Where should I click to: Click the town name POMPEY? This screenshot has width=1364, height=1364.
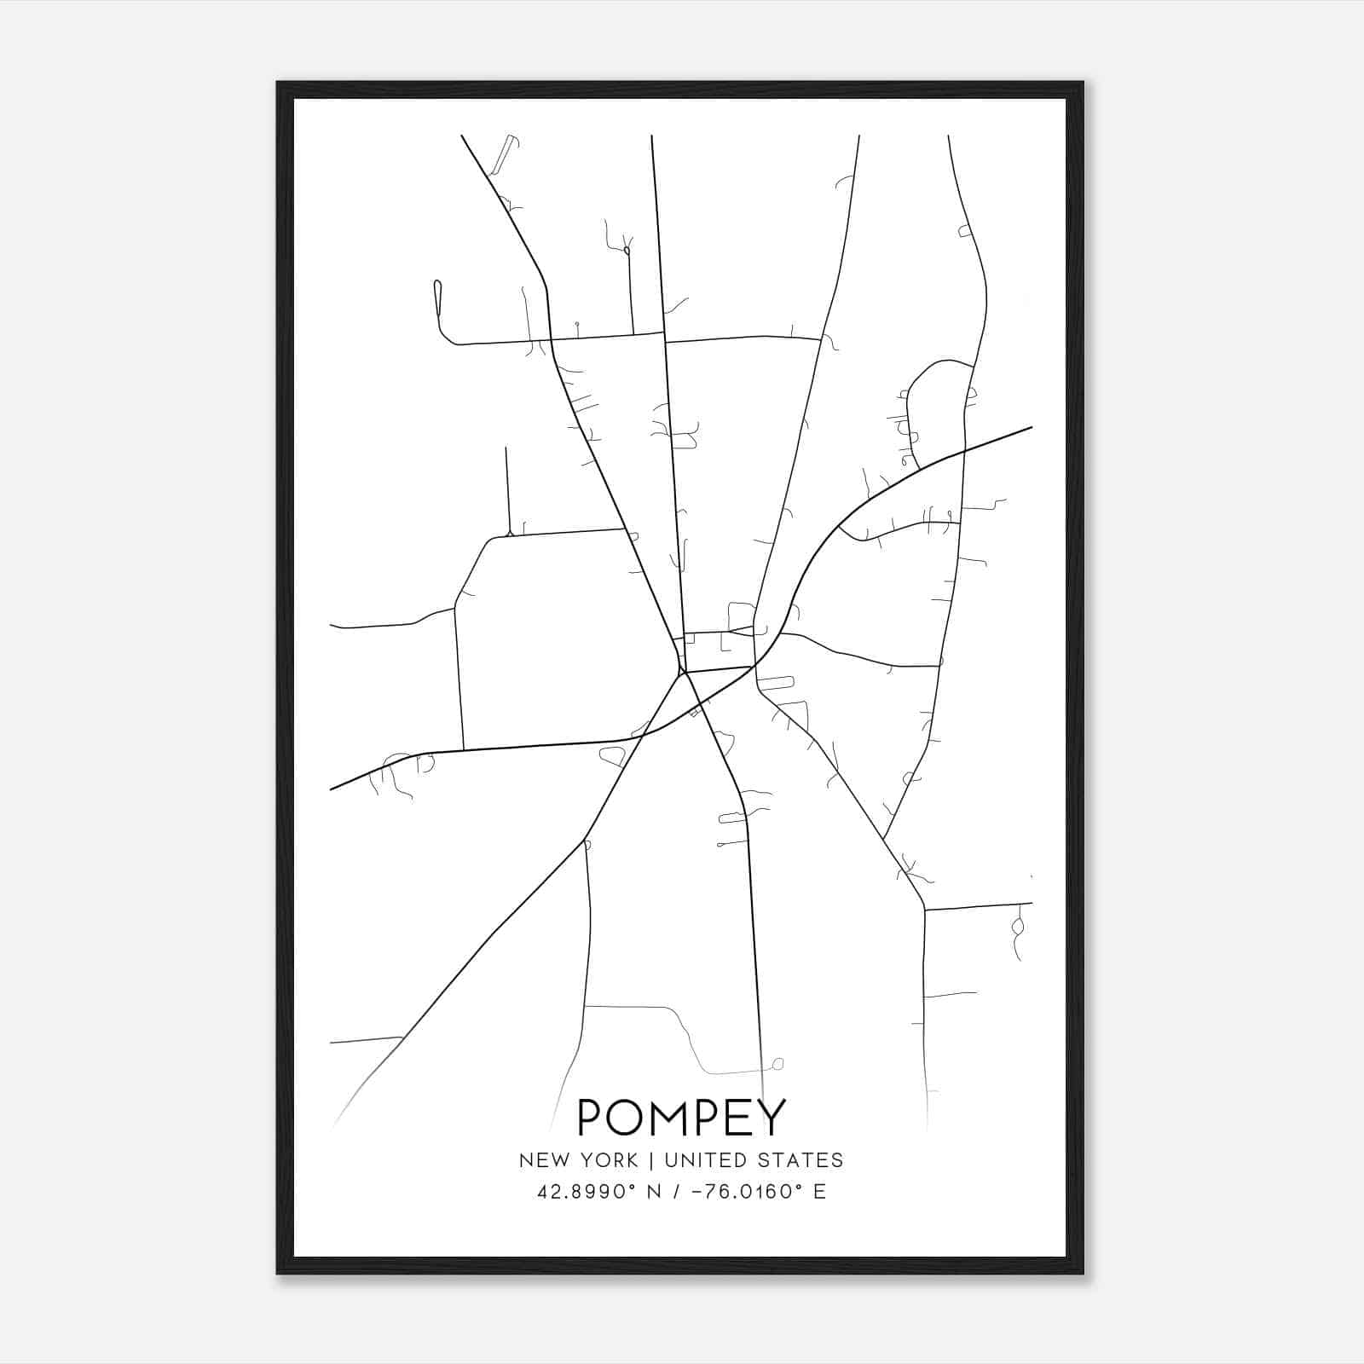[x=681, y=1118]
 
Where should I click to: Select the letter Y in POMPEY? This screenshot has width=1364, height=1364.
[x=770, y=1118]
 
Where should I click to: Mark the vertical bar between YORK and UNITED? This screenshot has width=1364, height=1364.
[x=650, y=1160]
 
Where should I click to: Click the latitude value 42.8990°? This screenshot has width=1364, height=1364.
[x=587, y=1192]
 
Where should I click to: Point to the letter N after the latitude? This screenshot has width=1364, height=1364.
[x=655, y=1192]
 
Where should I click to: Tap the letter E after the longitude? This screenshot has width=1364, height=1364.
[x=819, y=1192]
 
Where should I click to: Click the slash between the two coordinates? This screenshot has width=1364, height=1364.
[x=675, y=1192]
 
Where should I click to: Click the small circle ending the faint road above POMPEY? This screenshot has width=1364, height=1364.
[x=777, y=1064]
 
